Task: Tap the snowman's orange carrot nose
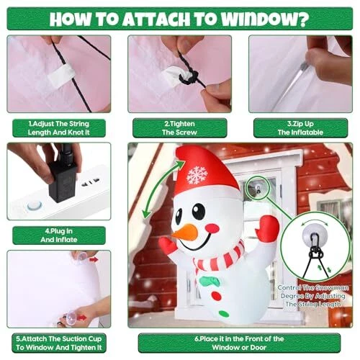coord(185,231)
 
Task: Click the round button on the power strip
coord(35,206)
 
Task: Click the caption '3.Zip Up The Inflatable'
coord(300,128)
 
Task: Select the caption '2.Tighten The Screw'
coord(179,128)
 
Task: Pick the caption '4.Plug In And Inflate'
coord(59,235)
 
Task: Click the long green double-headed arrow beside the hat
coord(163,189)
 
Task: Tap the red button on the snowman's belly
coord(216,296)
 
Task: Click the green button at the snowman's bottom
coord(224,313)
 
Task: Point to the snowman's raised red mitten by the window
coord(267,226)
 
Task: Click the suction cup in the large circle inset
coord(315,233)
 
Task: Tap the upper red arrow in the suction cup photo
coord(94,259)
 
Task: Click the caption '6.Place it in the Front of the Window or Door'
coord(239,343)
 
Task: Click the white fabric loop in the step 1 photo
coord(60,74)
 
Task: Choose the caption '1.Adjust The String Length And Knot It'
coord(59,128)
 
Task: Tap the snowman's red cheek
coord(212,228)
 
